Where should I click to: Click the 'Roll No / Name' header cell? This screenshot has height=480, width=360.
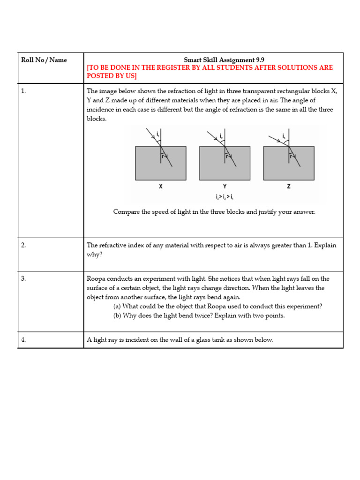(44, 60)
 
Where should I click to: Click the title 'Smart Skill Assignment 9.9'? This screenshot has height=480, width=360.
(214, 60)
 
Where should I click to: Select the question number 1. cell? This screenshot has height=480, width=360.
(23, 91)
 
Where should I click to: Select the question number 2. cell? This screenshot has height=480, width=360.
(23, 245)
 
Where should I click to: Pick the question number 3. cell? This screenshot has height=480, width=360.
(23, 278)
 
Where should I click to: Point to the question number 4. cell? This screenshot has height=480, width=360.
(23, 340)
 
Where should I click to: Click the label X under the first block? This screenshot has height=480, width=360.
(160, 187)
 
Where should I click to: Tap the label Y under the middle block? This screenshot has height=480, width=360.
(225, 187)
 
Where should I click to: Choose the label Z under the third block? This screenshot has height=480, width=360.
(288, 187)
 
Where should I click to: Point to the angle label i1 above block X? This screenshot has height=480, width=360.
(157, 135)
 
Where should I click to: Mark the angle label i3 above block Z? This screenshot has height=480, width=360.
(284, 136)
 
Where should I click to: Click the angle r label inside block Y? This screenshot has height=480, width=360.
(227, 157)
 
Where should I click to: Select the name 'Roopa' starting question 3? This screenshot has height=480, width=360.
(97, 279)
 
